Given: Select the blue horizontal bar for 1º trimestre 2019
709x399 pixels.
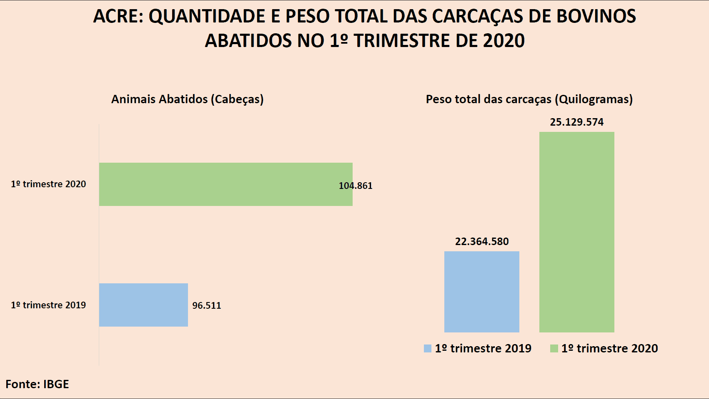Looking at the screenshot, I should [143, 305].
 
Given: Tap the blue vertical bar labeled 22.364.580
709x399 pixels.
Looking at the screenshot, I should [481, 292].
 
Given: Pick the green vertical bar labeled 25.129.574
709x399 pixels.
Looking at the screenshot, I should [576, 232].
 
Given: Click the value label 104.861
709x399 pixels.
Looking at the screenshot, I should [356, 186].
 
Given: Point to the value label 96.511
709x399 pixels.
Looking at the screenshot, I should [206, 305].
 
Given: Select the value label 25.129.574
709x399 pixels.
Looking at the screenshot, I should [576, 122].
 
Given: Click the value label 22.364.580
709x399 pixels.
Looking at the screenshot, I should [481, 241].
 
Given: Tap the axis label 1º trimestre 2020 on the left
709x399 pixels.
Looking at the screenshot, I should [48, 184].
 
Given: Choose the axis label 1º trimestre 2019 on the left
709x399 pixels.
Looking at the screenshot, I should [48, 305].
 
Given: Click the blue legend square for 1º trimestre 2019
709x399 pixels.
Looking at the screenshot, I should [427, 349].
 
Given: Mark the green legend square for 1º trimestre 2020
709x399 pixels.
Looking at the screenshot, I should [554, 349].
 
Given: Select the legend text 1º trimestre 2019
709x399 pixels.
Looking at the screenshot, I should [483, 348].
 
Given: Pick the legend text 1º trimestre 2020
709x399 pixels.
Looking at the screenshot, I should [609, 348].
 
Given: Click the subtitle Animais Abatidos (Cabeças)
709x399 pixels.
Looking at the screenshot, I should [187, 99].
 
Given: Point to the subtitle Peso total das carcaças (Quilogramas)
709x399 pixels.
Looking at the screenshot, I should [529, 99].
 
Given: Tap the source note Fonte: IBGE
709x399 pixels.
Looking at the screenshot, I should [37, 384].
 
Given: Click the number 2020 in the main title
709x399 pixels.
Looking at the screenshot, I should [504, 41].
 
